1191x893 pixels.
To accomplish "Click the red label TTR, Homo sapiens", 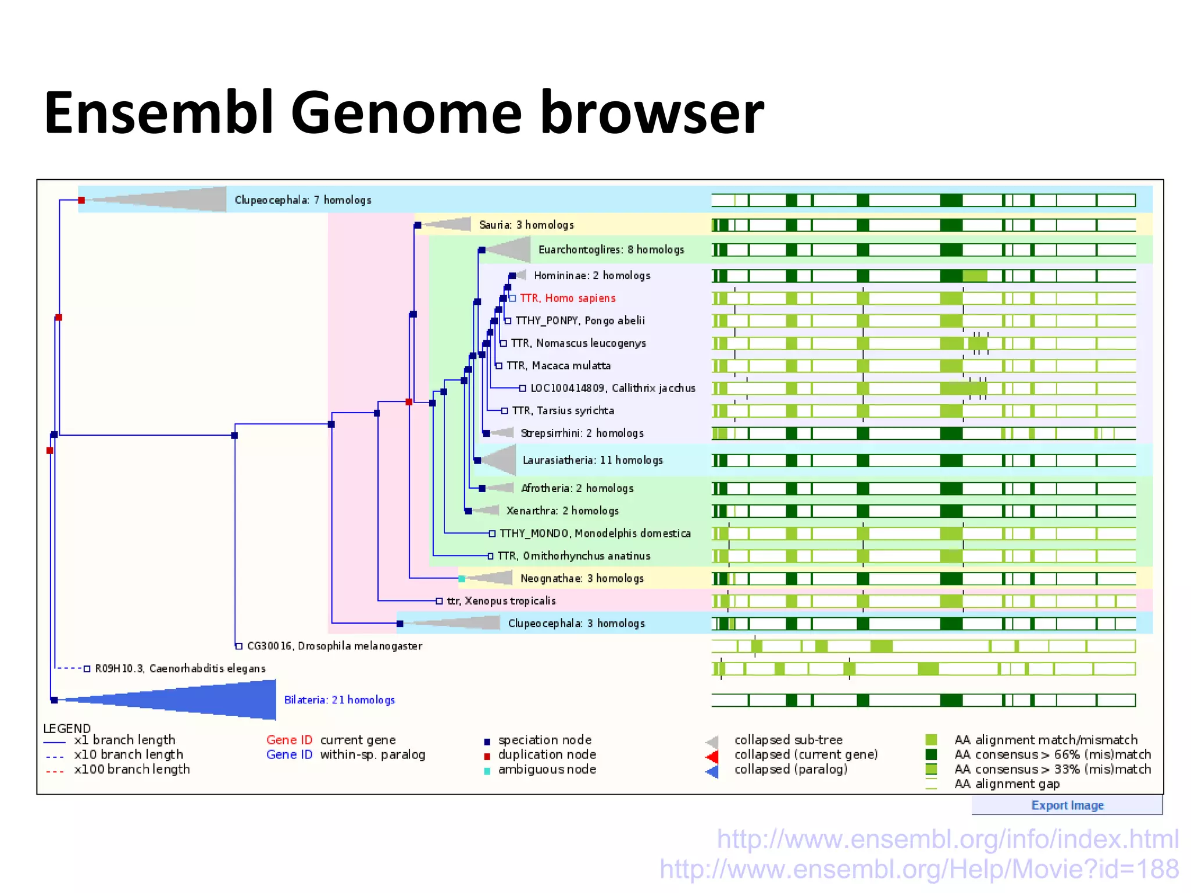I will [x=567, y=298].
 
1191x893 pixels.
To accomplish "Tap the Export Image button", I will [x=1067, y=805].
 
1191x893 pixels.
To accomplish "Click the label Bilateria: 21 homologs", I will [x=339, y=699].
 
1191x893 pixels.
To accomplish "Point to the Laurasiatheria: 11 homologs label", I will [x=592, y=460].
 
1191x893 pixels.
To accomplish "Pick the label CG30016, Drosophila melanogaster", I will [x=334, y=646].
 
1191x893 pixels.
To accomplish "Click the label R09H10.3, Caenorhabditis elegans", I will [x=180, y=668].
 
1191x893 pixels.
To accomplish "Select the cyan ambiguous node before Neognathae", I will [x=462, y=578].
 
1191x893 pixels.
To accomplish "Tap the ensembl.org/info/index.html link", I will [x=947, y=839].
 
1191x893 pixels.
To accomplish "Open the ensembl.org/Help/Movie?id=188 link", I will [x=919, y=869].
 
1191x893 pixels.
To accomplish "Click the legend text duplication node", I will [x=547, y=755].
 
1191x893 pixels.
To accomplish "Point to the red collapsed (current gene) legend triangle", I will [x=712, y=756].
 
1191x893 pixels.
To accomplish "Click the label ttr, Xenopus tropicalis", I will [x=501, y=600].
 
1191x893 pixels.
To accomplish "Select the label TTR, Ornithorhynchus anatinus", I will [x=573, y=556].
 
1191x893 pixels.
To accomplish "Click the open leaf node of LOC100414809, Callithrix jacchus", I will [x=522, y=388].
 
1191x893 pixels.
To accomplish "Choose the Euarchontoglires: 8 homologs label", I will [x=611, y=250].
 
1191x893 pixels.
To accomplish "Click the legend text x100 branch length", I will [x=131, y=769].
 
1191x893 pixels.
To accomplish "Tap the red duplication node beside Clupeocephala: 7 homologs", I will [x=81, y=200].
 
